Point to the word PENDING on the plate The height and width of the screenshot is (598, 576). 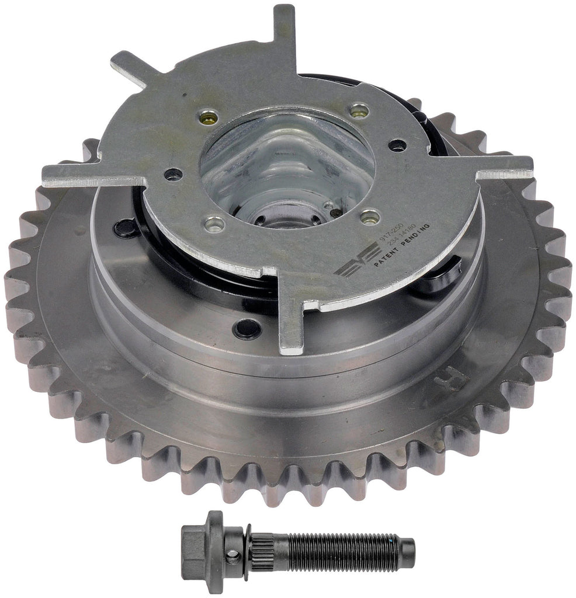415,235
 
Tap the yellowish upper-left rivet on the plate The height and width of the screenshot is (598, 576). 208,117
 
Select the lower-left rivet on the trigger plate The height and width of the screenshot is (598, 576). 214,223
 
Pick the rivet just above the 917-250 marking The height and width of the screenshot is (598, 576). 370,218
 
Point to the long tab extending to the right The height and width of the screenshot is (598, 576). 502,167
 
